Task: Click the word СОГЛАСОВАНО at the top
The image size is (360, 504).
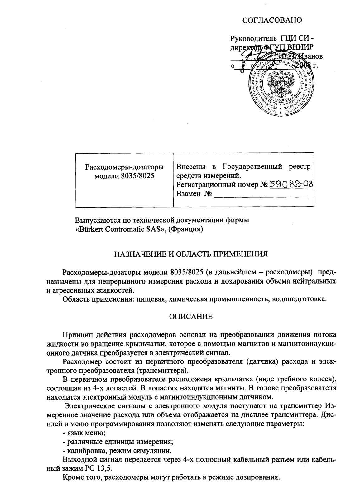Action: [x=272, y=21]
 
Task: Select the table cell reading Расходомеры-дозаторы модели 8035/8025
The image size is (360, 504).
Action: [x=124, y=171]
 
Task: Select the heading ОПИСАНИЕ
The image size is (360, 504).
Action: [x=191, y=317]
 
